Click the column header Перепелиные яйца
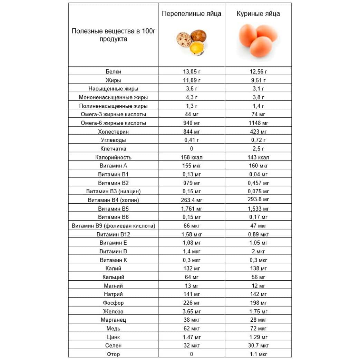tap(192, 14)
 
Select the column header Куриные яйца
tap(258, 14)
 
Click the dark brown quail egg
tap(198, 35)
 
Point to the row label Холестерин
tap(113, 132)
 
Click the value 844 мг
tap(192, 132)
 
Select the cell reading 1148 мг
tap(258, 123)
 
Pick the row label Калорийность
tap(113, 157)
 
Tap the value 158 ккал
tap(192, 157)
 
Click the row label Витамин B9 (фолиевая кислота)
tap(113, 226)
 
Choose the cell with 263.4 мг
tap(192, 200)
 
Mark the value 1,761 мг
tap(192, 208)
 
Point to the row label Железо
tap(113, 311)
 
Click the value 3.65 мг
tap(192, 311)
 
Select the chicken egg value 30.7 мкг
tap(258, 346)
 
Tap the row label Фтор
tap(113, 354)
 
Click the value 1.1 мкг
tap(258, 354)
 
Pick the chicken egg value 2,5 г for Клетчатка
tap(258, 149)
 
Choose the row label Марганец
tap(113, 320)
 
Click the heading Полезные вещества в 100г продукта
tap(113, 35)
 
